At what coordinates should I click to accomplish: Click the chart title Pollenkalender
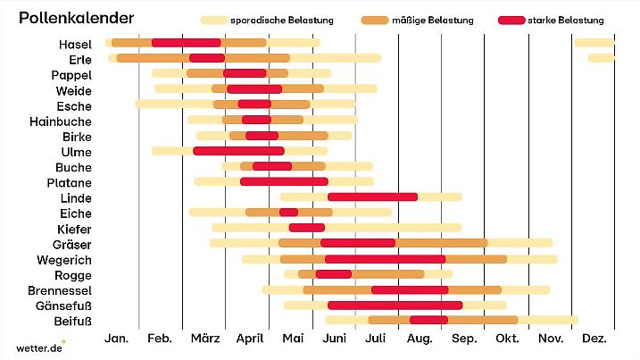tap(77, 18)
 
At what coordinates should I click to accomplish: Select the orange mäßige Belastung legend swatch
tap(374, 20)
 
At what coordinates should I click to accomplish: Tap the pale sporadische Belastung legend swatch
tap(213, 20)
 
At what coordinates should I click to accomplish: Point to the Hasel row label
tap(75, 44)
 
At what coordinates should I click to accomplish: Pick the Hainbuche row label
tap(60, 121)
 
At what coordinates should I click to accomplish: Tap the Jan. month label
tap(117, 339)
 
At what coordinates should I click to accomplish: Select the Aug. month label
tap(420, 339)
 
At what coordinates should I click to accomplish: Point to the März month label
tap(204, 339)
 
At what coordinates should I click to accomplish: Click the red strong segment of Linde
tap(372, 197)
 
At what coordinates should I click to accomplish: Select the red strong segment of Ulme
tap(238, 151)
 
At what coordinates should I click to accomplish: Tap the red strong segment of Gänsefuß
tap(395, 306)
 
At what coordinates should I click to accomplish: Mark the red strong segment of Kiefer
tap(306, 228)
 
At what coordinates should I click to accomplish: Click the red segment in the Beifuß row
tap(428, 321)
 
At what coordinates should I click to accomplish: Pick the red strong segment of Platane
tap(284, 182)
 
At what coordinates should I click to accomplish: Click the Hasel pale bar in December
tap(594, 43)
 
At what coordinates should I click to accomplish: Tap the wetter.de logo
tap(40, 347)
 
